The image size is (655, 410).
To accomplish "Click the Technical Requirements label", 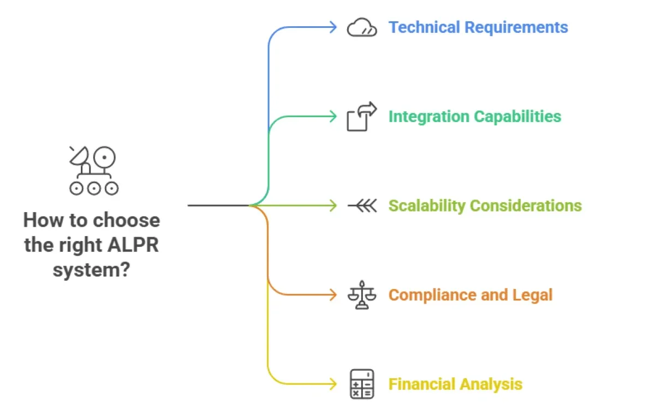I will (x=478, y=27).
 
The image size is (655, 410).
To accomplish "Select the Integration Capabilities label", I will (x=474, y=116).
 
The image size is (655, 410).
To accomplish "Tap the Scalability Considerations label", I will (x=485, y=206).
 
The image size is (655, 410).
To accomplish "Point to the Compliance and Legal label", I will (x=470, y=295).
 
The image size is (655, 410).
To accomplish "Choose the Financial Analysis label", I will (x=455, y=384).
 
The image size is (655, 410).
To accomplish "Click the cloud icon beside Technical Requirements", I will (x=362, y=28).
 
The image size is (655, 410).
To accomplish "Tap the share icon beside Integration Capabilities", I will (x=362, y=116).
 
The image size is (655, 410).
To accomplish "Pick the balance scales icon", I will (x=362, y=295).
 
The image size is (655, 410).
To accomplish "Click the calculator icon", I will (x=362, y=384).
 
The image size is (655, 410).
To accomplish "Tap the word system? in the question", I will (x=92, y=269).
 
